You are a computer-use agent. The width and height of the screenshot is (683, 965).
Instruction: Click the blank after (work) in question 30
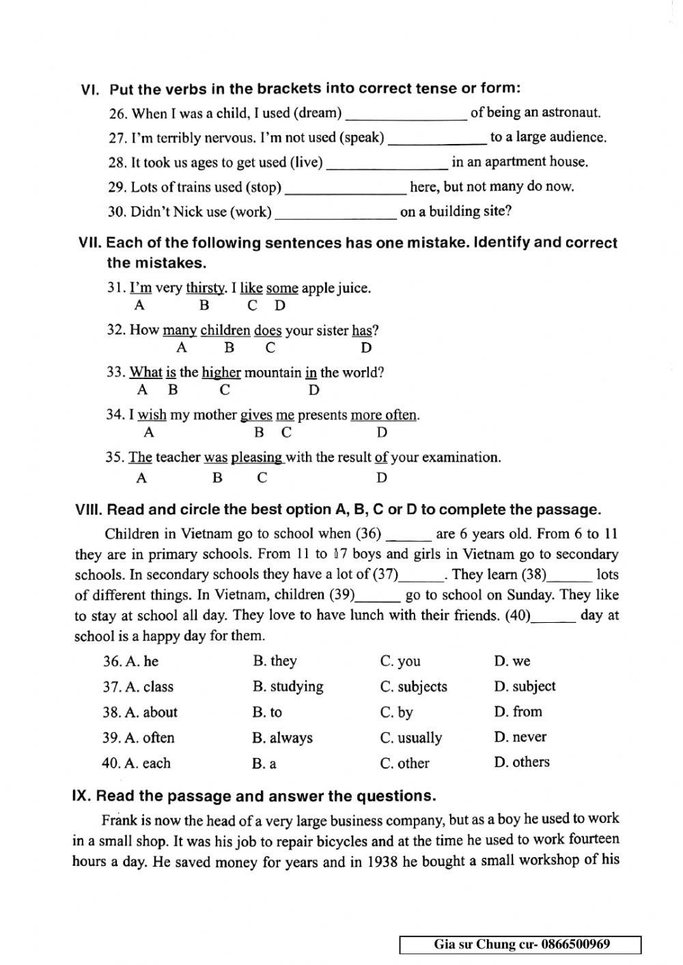click(335, 213)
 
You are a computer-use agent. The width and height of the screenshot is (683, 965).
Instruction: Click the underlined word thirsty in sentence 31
click(206, 288)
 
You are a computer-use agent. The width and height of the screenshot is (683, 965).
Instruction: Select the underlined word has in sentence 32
click(362, 331)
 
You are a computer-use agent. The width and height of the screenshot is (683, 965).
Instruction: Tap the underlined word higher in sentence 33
click(221, 373)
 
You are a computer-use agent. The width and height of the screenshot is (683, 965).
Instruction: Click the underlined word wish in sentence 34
click(152, 415)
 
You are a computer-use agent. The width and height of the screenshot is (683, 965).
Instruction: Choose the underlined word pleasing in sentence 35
click(257, 458)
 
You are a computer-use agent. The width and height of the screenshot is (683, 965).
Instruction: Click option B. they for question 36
click(275, 661)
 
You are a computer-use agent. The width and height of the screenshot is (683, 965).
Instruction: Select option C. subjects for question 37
click(413, 687)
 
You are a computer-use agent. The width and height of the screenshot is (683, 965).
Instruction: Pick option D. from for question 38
click(518, 712)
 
